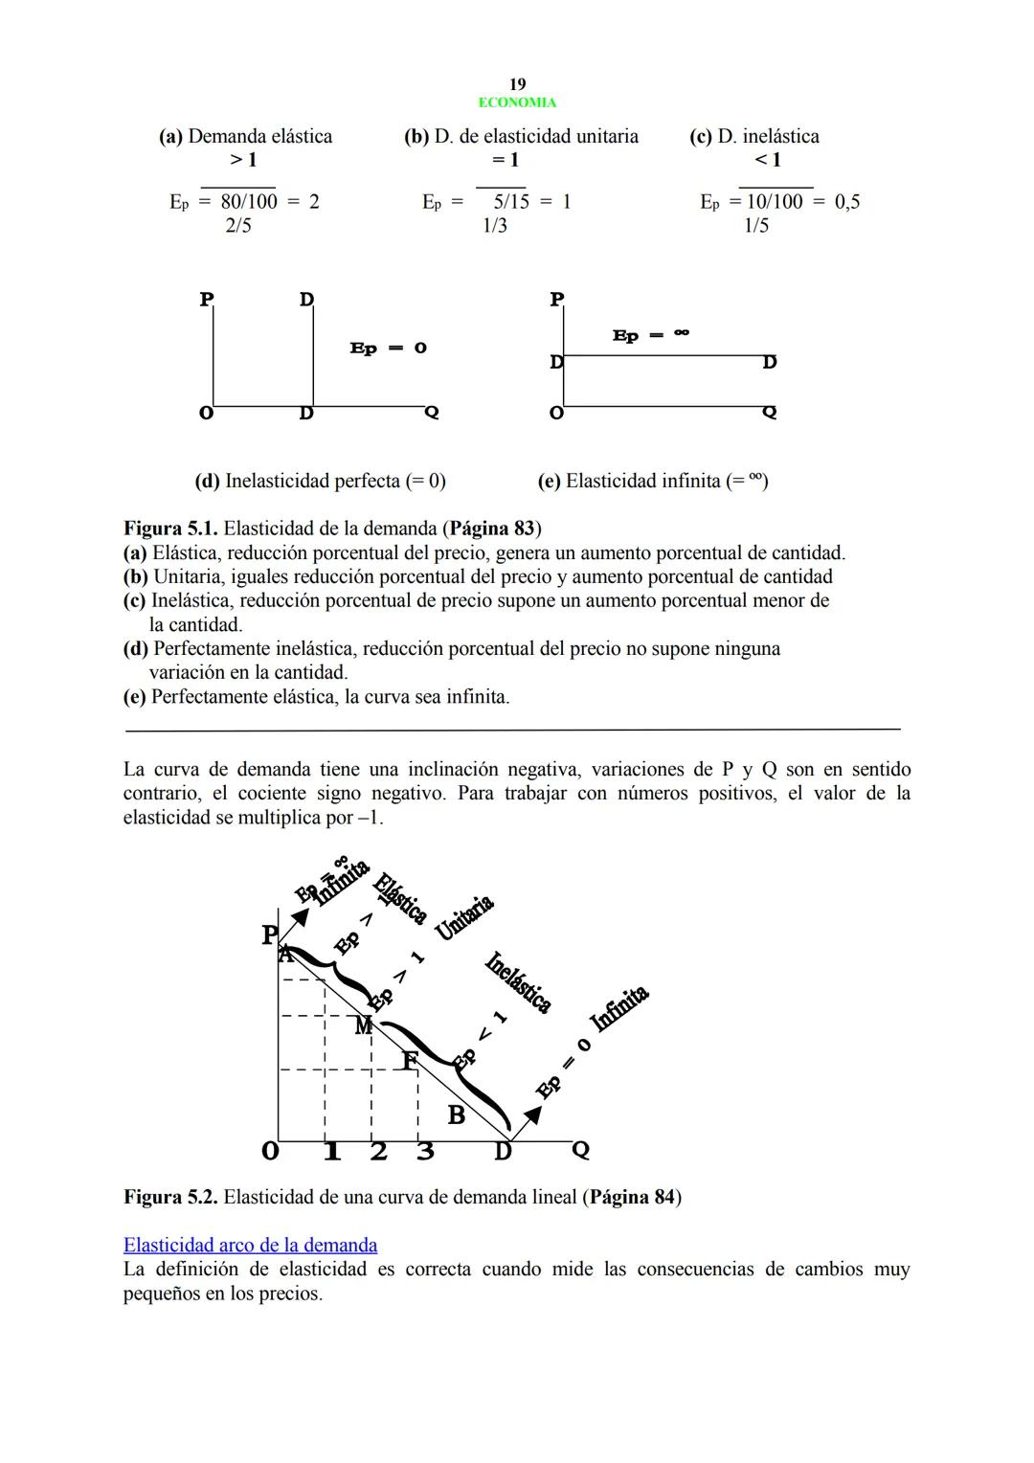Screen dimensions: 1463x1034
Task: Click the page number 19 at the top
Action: coord(517,84)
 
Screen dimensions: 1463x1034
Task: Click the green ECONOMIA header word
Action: coord(517,102)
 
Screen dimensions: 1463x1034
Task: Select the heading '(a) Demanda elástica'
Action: coord(246,136)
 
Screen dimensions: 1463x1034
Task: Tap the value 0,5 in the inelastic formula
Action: coord(847,201)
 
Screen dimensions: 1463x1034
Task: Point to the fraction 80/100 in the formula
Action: coord(249,201)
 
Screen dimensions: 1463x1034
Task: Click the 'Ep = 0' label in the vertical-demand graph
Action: coord(388,349)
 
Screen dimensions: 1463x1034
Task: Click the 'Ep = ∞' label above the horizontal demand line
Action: coord(651,335)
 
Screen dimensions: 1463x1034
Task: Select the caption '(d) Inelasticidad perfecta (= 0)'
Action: coord(320,481)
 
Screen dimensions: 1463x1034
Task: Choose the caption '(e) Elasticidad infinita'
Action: coord(653,481)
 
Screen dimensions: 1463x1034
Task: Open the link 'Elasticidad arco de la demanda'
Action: coord(250,1245)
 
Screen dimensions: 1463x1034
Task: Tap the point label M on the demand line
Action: coord(363,1026)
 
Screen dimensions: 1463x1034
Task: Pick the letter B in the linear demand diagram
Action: coord(457,1115)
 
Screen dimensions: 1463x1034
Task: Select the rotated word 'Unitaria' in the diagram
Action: coord(464,918)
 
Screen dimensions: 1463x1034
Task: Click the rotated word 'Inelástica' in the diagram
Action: coord(518,981)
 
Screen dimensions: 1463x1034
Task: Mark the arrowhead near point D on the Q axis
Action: coord(532,1114)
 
